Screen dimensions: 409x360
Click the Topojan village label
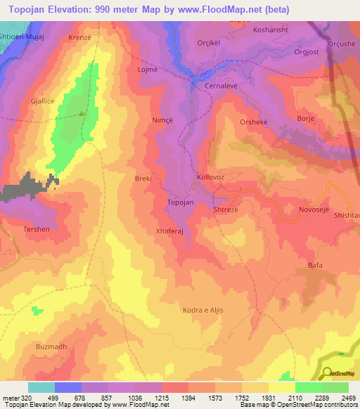[x=179, y=202]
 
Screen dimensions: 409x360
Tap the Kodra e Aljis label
[x=202, y=310]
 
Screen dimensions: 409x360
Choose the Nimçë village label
[x=162, y=120]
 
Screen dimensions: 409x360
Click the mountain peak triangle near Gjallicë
[x=82, y=114]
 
